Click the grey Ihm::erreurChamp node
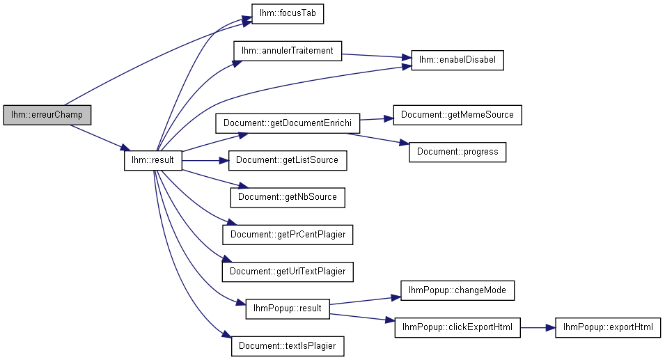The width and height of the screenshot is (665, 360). coord(47,114)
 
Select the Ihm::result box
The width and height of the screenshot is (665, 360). coord(153,160)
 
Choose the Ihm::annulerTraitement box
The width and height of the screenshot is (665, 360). coord(288,51)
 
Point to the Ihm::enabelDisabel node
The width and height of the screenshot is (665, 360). coord(457,60)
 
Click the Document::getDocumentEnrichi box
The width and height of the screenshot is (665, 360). coord(287,123)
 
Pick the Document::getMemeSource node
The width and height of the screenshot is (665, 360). coord(457,114)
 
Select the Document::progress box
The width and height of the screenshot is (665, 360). coord(457,152)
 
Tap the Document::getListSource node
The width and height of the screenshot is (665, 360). coord(287,160)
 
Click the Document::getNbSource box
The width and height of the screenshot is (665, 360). coord(288,197)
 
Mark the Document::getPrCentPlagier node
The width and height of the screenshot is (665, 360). coord(288,235)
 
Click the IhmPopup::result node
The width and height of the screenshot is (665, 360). coord(288,308)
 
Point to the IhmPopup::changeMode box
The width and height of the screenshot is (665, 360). coord(457,290)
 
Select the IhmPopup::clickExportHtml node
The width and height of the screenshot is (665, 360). coord(457,327)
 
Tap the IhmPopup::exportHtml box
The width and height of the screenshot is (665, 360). coord(607,327)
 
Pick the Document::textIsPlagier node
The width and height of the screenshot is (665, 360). coord(288,345)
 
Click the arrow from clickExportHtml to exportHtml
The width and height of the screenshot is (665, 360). coord(537,327)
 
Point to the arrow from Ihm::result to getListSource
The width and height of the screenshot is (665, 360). coord(206,160)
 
